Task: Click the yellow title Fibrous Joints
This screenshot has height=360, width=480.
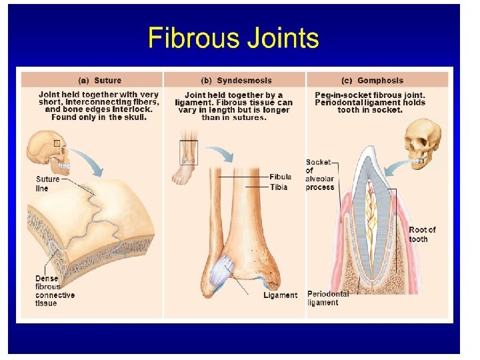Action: [x=233, y=37]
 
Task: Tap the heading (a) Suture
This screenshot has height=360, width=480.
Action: [x=100, y=81]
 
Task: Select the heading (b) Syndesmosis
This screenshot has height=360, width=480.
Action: [x=236, y=81]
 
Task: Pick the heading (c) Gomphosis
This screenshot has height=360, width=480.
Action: [x=372, y=81]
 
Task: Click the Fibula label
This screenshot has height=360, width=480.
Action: [x=281, y=177]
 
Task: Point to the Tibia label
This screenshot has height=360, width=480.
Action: [x=279, y=187]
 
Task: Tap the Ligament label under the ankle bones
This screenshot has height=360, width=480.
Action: [x=281, y=295]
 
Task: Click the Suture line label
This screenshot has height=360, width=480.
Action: [x=47, y=184]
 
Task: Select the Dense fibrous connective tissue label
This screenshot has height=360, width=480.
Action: [x=55, y=291]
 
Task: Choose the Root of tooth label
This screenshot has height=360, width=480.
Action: [x=422, y=234]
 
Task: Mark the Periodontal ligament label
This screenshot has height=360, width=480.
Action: [x=328, y=298]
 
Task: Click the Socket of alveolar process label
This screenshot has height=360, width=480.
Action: [x=319, y=175]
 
